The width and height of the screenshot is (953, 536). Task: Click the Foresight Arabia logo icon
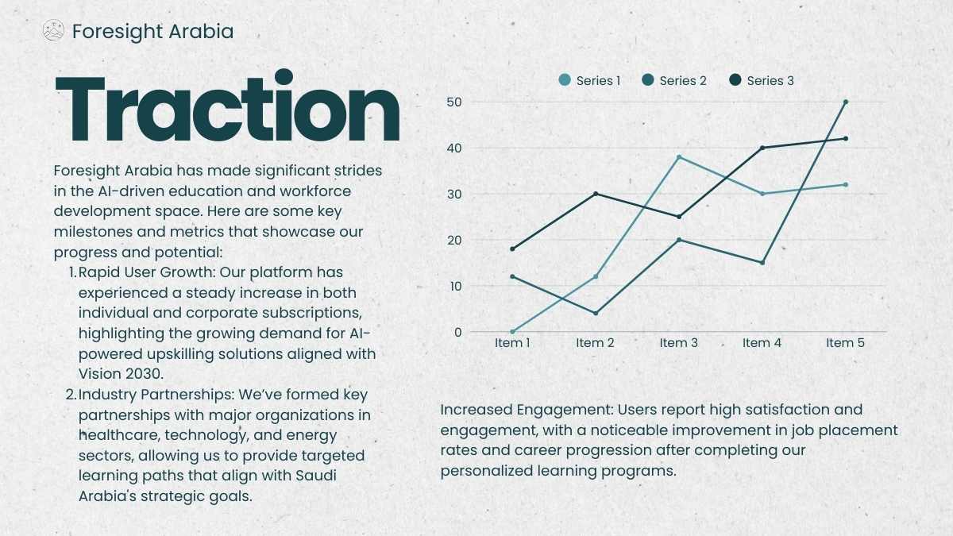[x=54, y=31]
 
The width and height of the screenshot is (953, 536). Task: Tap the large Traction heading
[x=228, y=106]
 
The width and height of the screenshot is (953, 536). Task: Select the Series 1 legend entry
[x=589, y=80]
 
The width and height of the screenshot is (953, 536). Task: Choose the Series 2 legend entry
[x=674, y=80]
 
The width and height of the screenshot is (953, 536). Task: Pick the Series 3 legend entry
[x=762, y=80]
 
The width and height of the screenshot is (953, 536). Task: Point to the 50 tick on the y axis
[x=454, y=102]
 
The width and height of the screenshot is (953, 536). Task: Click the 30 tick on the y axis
[x=454, y=194]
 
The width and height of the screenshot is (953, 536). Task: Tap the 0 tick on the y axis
[x=457, y=332]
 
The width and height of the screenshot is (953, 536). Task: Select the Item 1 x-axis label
[x=512, y=343]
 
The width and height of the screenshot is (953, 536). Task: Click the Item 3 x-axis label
[x=679, y=343]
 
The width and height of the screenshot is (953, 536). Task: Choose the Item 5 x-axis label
[x=845, y=343]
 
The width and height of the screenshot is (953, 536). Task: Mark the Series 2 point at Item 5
[x=845, y=102]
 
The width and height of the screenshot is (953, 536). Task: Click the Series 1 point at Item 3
[x=679, y=157]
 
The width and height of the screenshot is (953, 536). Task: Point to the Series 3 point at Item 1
[x=512, y=249]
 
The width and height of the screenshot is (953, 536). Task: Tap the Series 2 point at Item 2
[x=596, y=313]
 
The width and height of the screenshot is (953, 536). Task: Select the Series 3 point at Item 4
[x=762, y=148]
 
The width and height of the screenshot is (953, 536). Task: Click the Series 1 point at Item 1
[x=512, y=332]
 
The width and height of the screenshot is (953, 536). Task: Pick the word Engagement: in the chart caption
[x=565, y=411]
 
